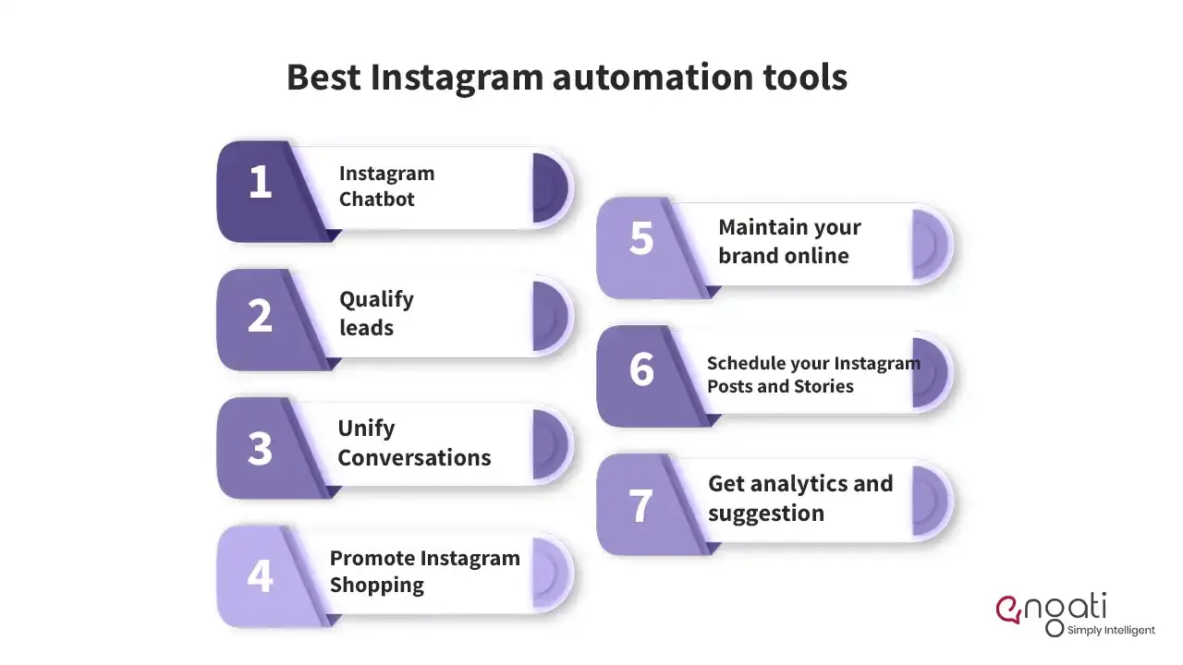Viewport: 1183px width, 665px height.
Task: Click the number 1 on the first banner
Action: point(261,182)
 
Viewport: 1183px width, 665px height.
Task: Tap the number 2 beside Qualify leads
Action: point(260,316)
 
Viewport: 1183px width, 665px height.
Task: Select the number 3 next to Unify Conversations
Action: point(260,449)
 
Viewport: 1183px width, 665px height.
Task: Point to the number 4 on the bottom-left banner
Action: point(260,575)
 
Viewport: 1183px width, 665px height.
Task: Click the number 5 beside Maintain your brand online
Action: point(641,238)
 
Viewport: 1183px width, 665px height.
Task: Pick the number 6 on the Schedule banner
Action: point(641,369)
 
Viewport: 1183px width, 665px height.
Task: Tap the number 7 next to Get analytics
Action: point(640,505)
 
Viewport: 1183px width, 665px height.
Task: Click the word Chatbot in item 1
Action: point(376,199)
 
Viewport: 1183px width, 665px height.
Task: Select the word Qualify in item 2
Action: point(376,300)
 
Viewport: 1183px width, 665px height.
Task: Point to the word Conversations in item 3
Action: point(415,457)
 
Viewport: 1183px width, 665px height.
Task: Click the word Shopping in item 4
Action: point(377,586)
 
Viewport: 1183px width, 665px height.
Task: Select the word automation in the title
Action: point(653,77)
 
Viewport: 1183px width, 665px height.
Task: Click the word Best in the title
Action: point(323,77)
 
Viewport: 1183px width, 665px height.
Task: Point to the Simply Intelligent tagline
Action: point(1111,630)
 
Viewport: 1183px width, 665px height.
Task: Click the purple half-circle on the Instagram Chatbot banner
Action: point(550,187)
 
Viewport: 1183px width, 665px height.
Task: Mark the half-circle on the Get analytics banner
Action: point(930,501)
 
